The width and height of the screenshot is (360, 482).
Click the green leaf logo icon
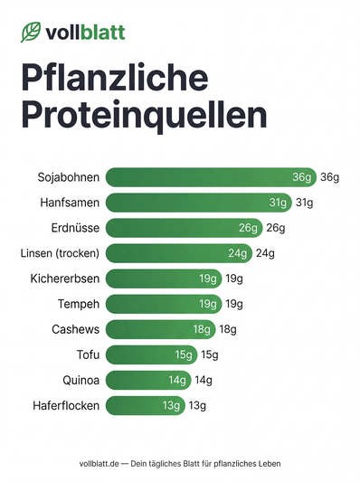pos(32,33)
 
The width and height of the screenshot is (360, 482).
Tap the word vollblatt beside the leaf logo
pos(86,33)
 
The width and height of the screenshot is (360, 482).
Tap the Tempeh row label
pos(79,304)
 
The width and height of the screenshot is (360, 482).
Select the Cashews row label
pos(76,329)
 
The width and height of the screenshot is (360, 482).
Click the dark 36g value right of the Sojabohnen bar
pos(329,176)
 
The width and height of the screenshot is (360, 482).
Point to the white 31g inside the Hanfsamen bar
pos(279,202)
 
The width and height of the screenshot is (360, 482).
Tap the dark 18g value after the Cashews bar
pos(228,329)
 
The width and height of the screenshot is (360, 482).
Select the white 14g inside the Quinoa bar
pos(177,380)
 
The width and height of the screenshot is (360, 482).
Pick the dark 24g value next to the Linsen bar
pos(265,252)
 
